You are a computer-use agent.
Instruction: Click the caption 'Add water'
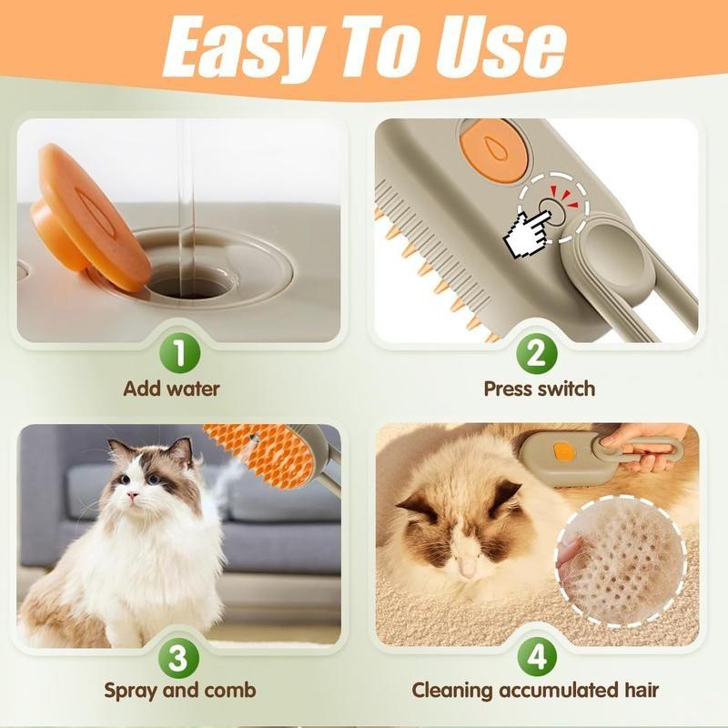(172, 389)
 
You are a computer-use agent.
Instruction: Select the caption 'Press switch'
(539, 389)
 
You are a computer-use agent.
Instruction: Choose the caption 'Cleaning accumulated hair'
(534, 690)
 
